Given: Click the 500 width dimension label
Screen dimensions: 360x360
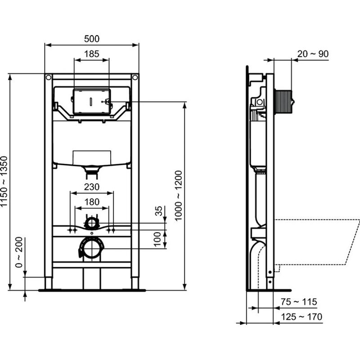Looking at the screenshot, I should pyautogui.click(x=92, y=39).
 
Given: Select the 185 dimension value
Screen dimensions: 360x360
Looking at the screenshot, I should pyautogui.click(x=92, y=54).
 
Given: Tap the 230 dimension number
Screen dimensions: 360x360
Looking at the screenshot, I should pyautogui.click(x=92, y=187).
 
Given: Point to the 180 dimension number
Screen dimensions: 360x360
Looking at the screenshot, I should pyautogui.click(x=92, y=202).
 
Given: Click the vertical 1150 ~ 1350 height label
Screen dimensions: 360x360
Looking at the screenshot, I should pyautogui.click(x=4, y=182).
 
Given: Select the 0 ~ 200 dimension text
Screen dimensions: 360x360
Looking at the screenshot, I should pyautogui.click(x=19, y=252).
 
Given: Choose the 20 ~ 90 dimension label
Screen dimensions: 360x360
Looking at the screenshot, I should pyautogui.click(x=312, y=54).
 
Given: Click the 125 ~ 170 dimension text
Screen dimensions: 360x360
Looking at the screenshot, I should pyautogui.click(x=301, y=317).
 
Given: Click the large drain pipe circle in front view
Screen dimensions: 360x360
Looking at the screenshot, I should pyautogui.click(x=92, y=248).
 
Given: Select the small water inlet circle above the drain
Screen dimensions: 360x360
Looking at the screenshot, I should pyautogui.click(x=92, y=222).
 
